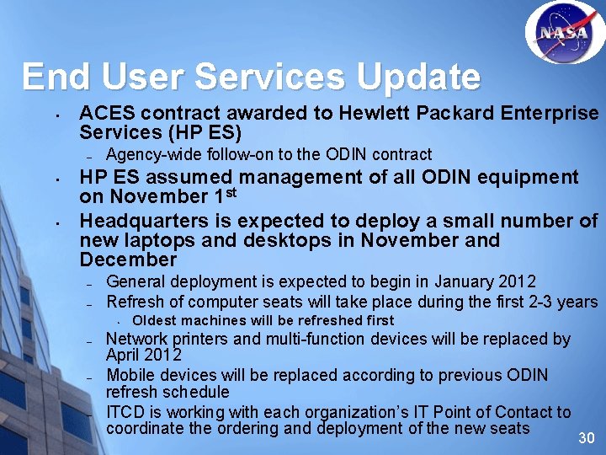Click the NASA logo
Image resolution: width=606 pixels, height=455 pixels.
tap(564, 33)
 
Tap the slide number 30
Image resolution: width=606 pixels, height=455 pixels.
tap(586, 438)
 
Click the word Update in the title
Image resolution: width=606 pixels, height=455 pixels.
tap(417, 77)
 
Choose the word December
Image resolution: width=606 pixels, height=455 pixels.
tap(128, 260)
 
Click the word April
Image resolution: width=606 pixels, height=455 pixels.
tap(124, 355)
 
